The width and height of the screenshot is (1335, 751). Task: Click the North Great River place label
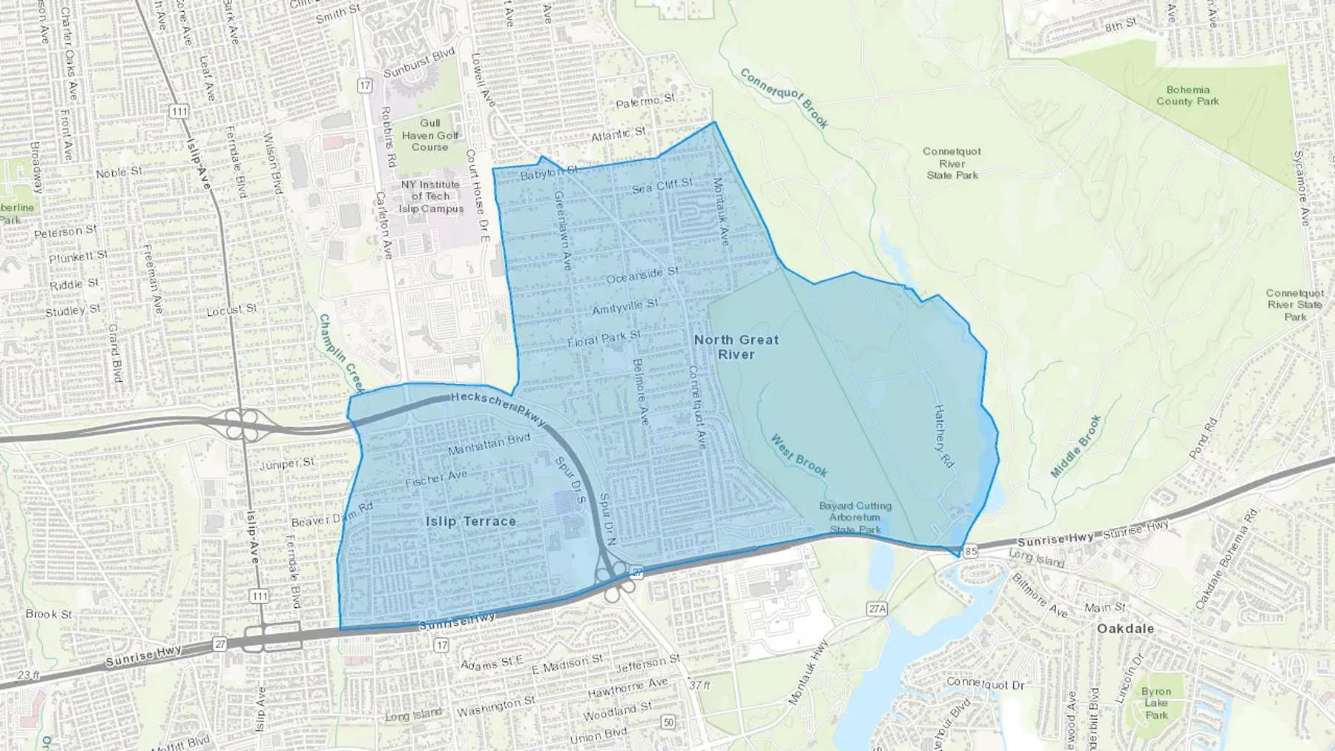click(736, 347)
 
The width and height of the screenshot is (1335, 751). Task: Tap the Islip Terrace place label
click(471, 521)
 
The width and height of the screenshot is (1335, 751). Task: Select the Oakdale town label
click(1125, 629)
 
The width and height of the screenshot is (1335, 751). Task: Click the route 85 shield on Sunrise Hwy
click(971, 551)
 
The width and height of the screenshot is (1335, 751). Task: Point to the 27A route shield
click(877, 609)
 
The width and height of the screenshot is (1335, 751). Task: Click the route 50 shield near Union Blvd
click(669, 722)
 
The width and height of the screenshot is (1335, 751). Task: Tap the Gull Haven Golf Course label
click(430, 135)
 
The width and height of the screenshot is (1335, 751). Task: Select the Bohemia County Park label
click(1187, 96)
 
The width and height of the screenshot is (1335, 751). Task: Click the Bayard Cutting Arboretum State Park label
click(855, 517)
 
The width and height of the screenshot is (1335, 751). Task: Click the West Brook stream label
click(799, 455)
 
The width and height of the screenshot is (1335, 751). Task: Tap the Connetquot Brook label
click(784, 99)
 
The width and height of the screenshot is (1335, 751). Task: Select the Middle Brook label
click(1076, 446)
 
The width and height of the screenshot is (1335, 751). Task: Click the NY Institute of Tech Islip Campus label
click(431, 196)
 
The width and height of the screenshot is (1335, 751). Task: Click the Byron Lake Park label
click(1156, 704)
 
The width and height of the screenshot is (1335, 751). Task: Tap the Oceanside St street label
click(642, 276)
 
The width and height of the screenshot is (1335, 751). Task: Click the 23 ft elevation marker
click(28, 675)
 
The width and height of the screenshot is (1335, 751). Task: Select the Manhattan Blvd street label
click(489, 445)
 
